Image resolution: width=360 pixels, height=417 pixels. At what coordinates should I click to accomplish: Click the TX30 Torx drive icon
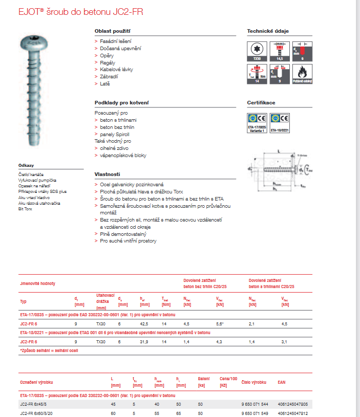(x=257, y=52)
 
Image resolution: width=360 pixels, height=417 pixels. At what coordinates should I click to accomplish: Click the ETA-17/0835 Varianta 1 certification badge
(x=257, y=122)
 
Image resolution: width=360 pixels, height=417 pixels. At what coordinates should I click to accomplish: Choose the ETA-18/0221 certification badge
(x=280, y=122)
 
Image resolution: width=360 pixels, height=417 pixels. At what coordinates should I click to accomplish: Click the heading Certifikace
(x=261, y=102)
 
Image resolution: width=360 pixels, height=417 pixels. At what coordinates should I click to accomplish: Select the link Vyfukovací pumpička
(x=37, y=180)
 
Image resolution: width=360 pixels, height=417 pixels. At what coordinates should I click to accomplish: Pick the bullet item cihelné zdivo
(x=114, y=148)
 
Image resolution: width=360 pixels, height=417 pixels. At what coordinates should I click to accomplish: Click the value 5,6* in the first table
(x=220, y=324)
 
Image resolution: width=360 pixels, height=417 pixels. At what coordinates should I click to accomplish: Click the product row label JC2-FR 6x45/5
(x=35, y=405)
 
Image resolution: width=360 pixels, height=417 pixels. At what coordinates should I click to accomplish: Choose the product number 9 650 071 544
(x=254, y=405)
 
